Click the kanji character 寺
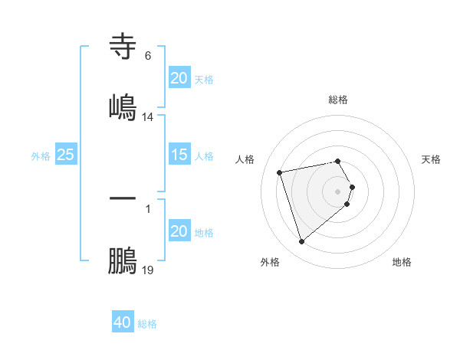coord(123,47)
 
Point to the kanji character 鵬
coord(123,261)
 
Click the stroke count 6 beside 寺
coord(148,56)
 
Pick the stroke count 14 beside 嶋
coord(148,116)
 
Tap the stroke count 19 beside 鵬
coord(148,270)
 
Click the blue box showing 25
coord(65,155)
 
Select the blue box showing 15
coord(179,155)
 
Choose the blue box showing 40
coord(123,322)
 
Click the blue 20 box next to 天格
coord(179,78)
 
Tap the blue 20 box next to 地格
coord(179,231)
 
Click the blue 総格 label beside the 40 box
coord(147,324)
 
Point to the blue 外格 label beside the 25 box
coord(41,156)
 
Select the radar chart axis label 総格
coord(338,100)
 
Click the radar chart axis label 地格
coord(402,262)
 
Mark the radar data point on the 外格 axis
coord(301,242)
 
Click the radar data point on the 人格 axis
coord(280,172)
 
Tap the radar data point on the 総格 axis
coord(338,161)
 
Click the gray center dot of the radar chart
coord(338,191)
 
